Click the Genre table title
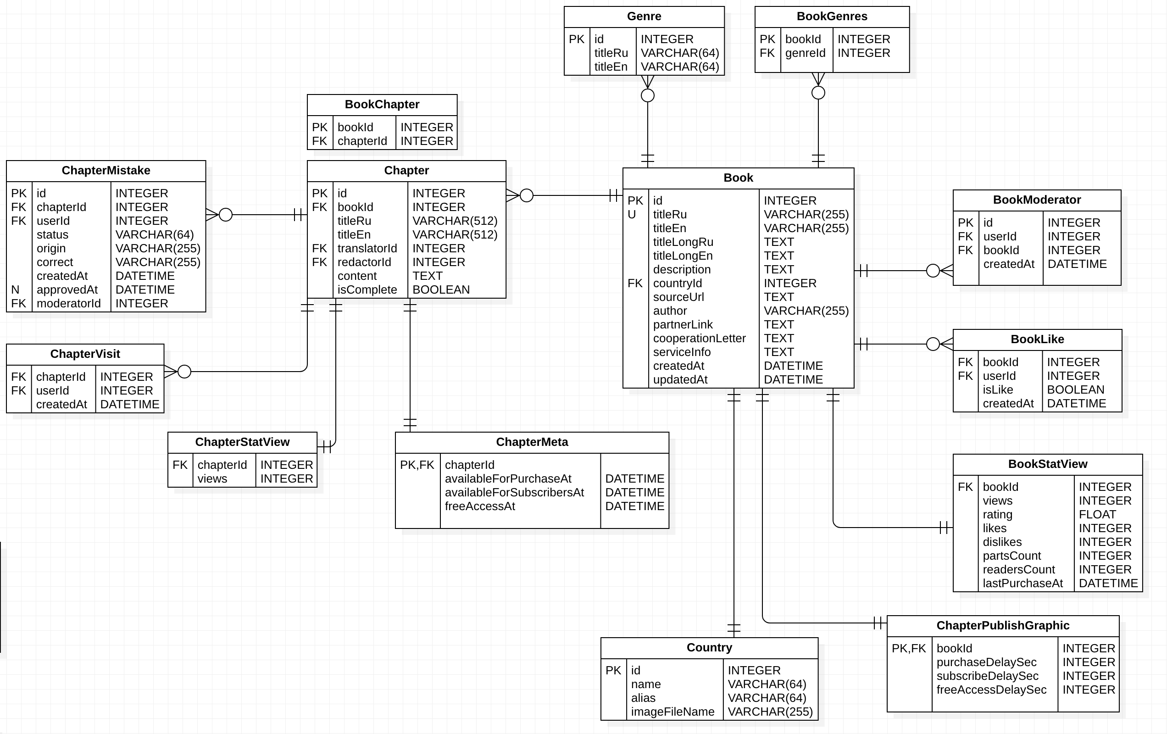pos(644,17)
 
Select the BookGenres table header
pos(832,17)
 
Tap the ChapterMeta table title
pos(532,442)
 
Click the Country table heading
pos(709,648)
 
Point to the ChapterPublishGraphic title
pos(1003,625)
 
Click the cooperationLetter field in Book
pos(699,339)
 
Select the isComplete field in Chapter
pos(367,290)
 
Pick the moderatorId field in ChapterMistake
pos(68,304)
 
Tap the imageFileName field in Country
pos(672,712)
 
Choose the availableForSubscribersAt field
pos(514,493)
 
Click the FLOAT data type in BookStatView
pos(1097,514)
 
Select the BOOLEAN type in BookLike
pos(1075,390)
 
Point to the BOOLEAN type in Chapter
pos(440,290)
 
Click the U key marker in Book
pos(632,214)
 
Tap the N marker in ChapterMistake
pos(16,290)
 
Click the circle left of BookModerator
pos(933,271)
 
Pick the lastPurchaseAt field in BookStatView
pos(1023,583)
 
